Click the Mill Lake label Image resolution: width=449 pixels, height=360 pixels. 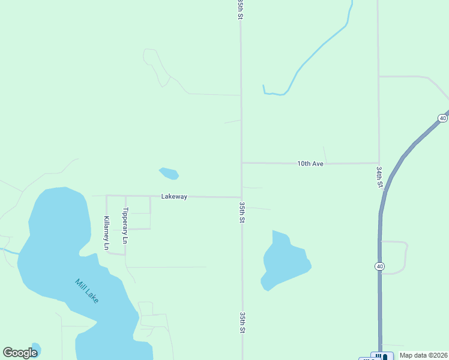pyautogui.click(x=87, y=291)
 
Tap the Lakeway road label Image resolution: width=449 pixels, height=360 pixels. pyautogui.click(x=174, y=196)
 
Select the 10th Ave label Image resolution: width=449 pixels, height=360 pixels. pyautogui.click(x=310, y=163)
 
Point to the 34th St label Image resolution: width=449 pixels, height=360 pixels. pyautogui.click(x=380, y=178)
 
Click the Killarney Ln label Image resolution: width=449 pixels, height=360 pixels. pyautogui.click(x=107, y=233)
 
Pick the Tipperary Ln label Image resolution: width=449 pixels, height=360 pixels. pyautogui.click(x=125, y=226)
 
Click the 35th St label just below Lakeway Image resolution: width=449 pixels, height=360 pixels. pyautogui.click(x=242, y=212)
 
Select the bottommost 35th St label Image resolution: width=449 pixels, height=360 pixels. pyautogui.click(x=243, y=322)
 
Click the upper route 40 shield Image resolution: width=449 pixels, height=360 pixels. pyautogui.click(x=442, y=118)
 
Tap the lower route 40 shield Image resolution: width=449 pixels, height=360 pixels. pyautogui.click(x=380, y=266)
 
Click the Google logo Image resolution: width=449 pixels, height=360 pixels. pyautogui.click(x=20, y=353)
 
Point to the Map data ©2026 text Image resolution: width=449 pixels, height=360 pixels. pyautogui.click(x=423, y=355)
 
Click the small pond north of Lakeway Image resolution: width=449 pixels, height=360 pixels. pyautogui.click(x=169, y=173)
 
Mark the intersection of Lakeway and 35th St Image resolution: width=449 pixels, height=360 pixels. pyautogui.click(x=241, y=197)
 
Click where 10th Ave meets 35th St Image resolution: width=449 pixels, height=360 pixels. pyautogui.click(x=241, y=163)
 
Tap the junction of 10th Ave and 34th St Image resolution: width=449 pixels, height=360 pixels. pyautogui.click(x=379, y=163)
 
